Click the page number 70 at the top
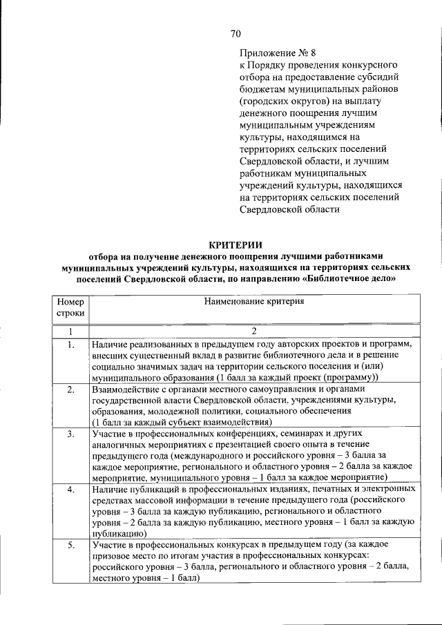236,35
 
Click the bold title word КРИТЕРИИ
236,243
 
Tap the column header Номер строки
70,307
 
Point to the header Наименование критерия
253,301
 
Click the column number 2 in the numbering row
253,331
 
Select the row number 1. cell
70,344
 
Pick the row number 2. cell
70,390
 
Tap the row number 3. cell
70,434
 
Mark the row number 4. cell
70,489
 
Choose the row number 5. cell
70,546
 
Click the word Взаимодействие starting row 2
124,390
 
